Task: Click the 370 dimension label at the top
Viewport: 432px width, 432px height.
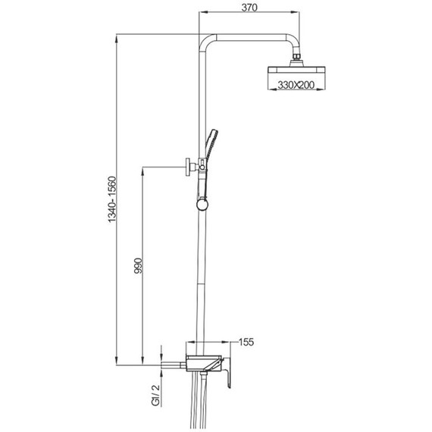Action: coord(249,8)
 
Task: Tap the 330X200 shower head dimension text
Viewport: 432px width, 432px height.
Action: coord(296,85)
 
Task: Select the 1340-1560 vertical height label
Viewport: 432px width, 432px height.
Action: coord(112,199)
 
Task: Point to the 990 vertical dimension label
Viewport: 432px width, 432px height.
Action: coord(138,265)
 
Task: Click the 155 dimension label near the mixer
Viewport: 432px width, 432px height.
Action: coord(246,342)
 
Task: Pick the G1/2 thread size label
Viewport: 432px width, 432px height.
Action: coord(155,395)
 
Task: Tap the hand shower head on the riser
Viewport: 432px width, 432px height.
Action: coord(211,146)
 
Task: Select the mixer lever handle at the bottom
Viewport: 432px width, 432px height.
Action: coord(227,372)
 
